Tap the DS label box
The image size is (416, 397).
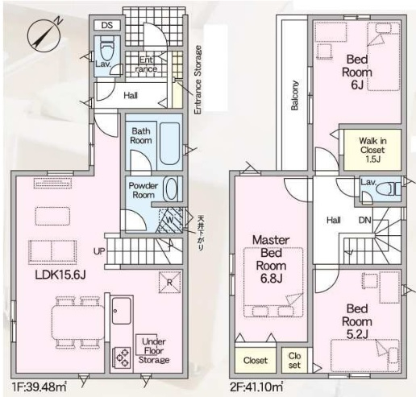107,25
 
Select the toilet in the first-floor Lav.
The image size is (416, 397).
106,48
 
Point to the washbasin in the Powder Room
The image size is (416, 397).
170,188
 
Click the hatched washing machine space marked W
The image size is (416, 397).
169,220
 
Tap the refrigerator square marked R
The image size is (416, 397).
169,282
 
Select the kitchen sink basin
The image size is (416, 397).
122,310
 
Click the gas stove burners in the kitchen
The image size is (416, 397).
123,358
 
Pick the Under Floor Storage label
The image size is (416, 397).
153,350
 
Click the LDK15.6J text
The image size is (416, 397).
60,275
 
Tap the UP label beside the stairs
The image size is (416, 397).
99,251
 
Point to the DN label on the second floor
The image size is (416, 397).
365,221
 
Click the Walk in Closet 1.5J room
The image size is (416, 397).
372,150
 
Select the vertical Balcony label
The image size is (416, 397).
295,95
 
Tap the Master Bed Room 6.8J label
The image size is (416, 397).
271,259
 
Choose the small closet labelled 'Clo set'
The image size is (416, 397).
294,360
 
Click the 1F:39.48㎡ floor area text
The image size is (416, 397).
40,387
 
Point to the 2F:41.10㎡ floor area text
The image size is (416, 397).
256,387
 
